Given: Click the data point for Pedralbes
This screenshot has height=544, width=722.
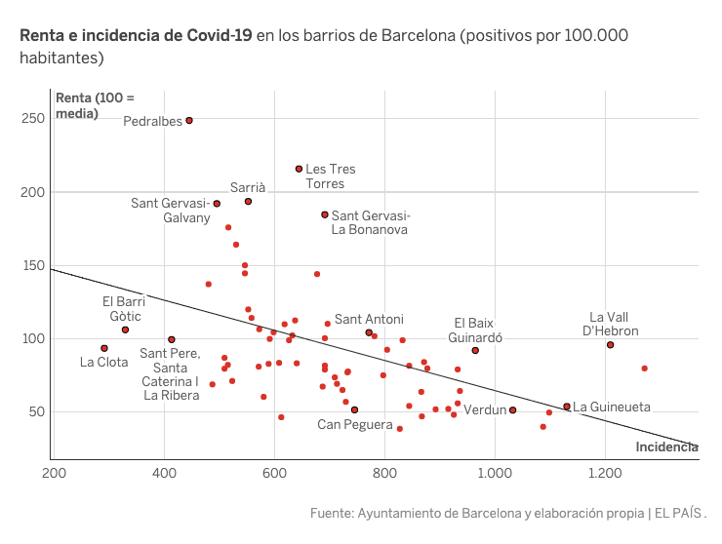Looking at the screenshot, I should (x=189, y=121).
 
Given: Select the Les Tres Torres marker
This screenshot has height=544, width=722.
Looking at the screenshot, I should (x=300, y=169).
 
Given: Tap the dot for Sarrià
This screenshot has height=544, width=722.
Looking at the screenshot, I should (x=248, y=202).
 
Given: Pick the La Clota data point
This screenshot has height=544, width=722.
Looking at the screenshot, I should (x=104, y=348).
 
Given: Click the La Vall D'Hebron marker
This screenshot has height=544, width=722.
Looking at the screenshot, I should (x=610, y=345).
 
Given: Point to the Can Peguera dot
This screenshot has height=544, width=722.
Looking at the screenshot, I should (x=354, y=410).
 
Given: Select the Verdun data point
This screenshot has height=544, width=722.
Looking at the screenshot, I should (x=512, y=410).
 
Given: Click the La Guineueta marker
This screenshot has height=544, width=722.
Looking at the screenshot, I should (x=567, y=407).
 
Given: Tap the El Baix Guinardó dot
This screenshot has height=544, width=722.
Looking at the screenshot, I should (x=475, y=351).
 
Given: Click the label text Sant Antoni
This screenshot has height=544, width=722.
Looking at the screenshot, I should (x=369, y=319).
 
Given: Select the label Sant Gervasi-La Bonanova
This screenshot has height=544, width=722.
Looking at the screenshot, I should (x=371, y=222).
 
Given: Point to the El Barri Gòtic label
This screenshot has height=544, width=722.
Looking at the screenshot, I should (x=124, y=308).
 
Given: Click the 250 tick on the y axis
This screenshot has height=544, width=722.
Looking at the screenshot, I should (x=33, y=119).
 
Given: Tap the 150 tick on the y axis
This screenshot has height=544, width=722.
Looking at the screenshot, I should (x=33, y=265).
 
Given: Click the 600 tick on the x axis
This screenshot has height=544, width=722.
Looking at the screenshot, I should (x=275, y=474).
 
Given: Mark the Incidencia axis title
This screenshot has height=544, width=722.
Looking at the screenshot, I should (x=666, y=447).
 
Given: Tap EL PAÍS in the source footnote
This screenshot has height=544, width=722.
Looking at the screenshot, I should (x=679, y=513).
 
